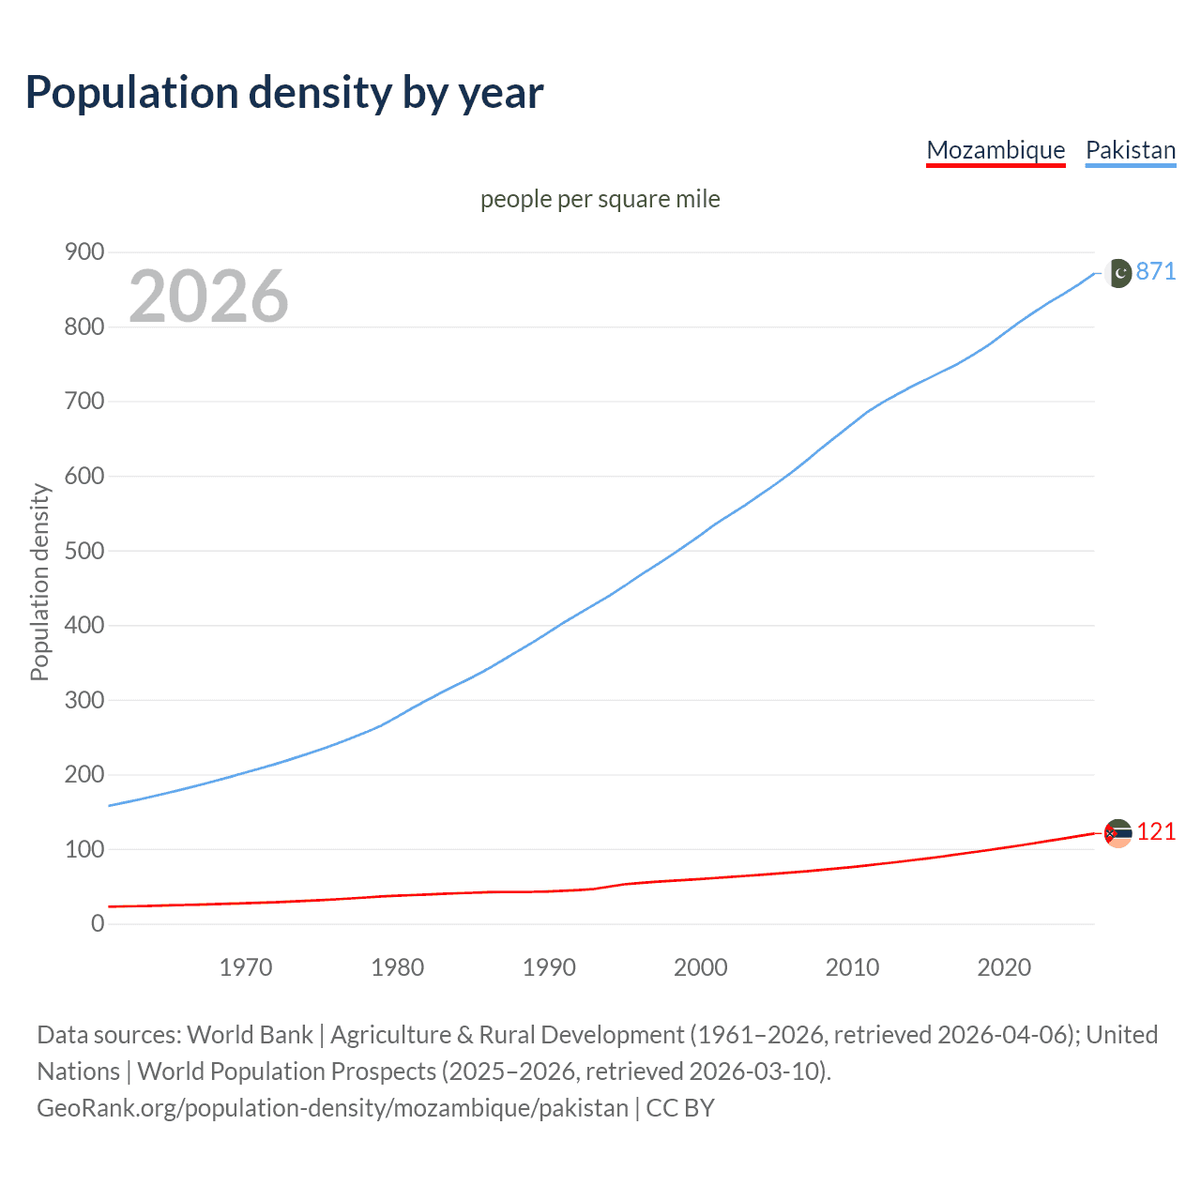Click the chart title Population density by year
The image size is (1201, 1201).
coord(284,93)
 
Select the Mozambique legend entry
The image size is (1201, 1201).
coord(996,150)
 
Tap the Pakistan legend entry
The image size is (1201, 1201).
coord(1130,150)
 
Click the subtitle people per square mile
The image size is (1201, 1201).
coord(600,199)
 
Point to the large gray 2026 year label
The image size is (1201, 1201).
coord(208,296)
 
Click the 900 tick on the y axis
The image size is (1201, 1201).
coord(84,251)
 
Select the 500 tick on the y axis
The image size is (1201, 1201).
coord(84,551)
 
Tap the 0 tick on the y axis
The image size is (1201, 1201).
coord(98,923)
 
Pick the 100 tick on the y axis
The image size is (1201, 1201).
coord(84,849)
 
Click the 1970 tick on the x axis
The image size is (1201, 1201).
coord(246,967)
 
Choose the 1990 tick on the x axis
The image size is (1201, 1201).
coord(549,967)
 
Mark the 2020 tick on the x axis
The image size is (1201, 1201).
coord(1004,967)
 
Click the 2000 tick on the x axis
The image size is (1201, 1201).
coord(701,967)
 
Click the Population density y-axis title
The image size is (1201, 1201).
coord(39,582)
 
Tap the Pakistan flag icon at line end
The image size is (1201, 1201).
coord(1117,273)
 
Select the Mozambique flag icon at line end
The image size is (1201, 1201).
coord(1117,833)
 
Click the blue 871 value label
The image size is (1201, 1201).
coord(1156,272)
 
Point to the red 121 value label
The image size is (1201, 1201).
coord(1156,832)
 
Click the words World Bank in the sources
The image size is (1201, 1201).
coord(250,1035)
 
